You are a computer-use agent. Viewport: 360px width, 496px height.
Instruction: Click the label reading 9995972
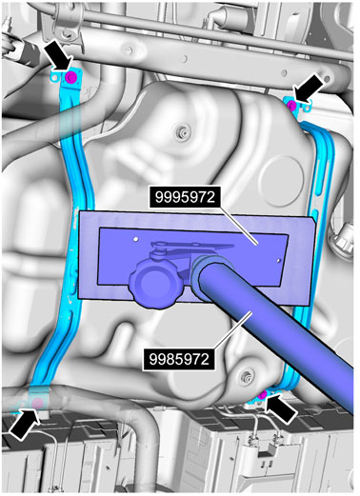186,197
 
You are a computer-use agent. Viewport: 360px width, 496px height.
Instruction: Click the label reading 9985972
180,360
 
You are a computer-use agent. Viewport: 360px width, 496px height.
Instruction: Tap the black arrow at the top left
59,56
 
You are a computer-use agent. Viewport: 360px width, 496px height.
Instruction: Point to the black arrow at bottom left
25,424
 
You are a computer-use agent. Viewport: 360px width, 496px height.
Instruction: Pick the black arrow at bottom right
281,409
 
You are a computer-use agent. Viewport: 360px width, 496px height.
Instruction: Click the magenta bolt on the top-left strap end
70,77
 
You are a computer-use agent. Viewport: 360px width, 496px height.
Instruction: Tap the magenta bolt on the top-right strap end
291,105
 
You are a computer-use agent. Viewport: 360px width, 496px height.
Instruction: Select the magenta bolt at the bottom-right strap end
263,395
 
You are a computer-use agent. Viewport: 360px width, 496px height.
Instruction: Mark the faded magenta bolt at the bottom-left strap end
38,404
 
